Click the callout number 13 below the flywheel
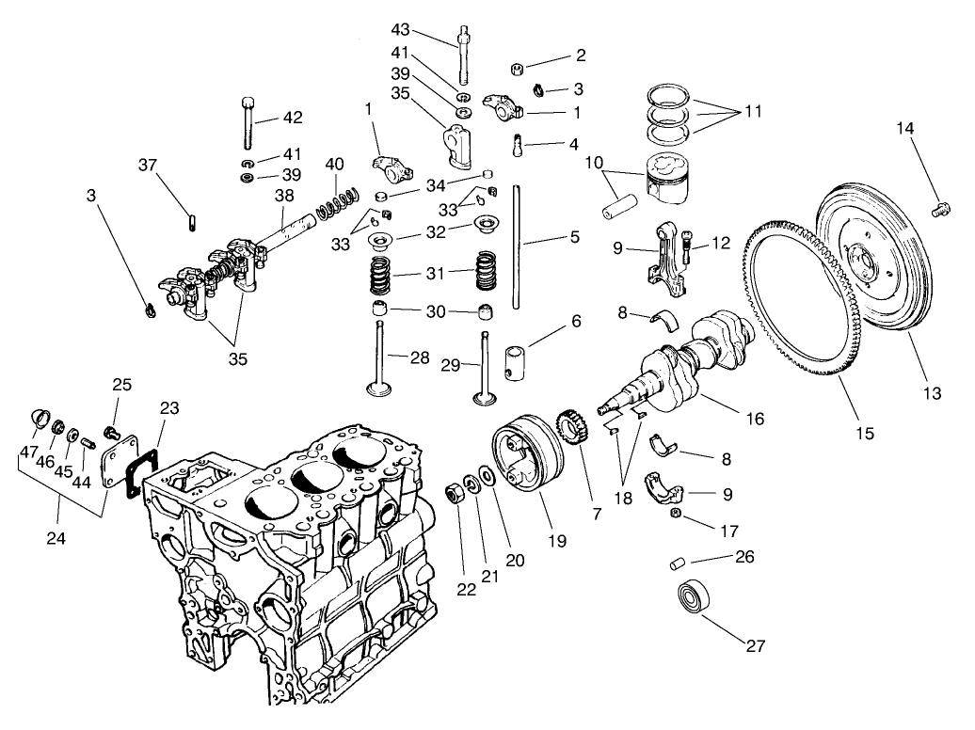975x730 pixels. [x=931, y=394]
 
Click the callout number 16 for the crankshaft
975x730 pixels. [x=754, y=418]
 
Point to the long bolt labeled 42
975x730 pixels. [x=248, y=122]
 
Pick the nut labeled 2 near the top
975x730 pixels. [x=519, y=68]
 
